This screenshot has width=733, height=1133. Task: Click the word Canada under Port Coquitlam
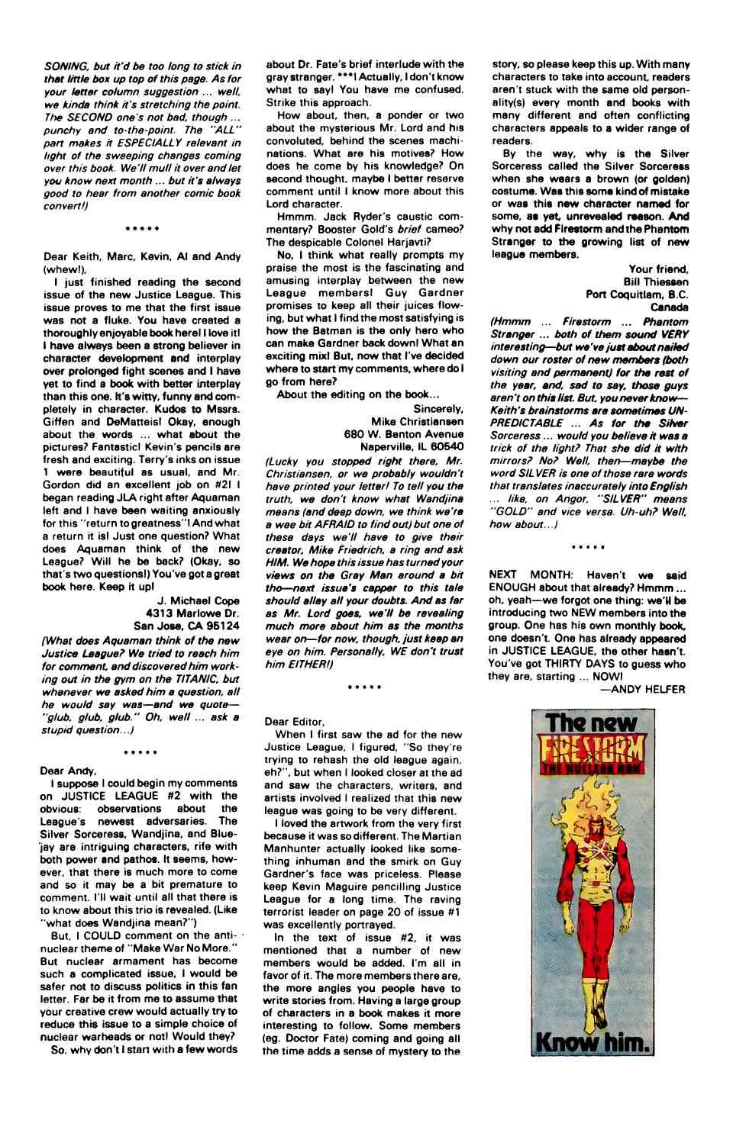(x=670, y=306)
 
